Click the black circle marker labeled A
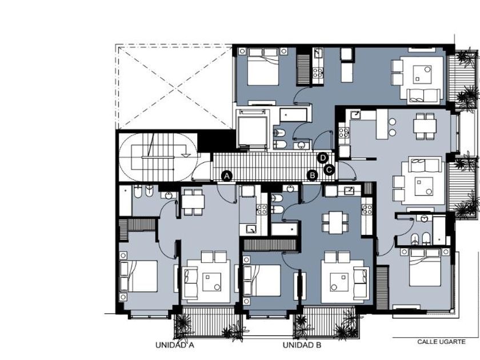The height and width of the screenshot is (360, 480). click(226, 176)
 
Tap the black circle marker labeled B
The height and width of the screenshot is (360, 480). click(313, 175)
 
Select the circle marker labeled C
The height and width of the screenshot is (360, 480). click(329, 169)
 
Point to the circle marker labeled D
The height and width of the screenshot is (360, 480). click(323, 158)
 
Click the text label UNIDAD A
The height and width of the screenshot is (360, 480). click(175, 345)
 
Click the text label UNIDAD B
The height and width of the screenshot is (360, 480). click(302, 345)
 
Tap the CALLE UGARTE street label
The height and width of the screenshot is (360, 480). click(441, 342)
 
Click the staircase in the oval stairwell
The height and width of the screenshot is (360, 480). click(158, 157)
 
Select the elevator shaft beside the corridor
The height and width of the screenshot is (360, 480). click(253, 130)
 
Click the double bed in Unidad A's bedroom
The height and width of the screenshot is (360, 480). click(139, 276)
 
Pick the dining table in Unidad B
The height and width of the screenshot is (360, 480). click(335, 222)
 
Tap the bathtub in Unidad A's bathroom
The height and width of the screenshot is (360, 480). click(125, 201)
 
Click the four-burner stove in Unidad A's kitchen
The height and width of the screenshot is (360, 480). click(262, 210)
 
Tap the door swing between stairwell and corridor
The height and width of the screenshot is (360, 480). click(202, 170)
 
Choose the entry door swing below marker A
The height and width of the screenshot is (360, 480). click(226, 193)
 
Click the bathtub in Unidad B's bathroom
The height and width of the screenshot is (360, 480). click(285, 229)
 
